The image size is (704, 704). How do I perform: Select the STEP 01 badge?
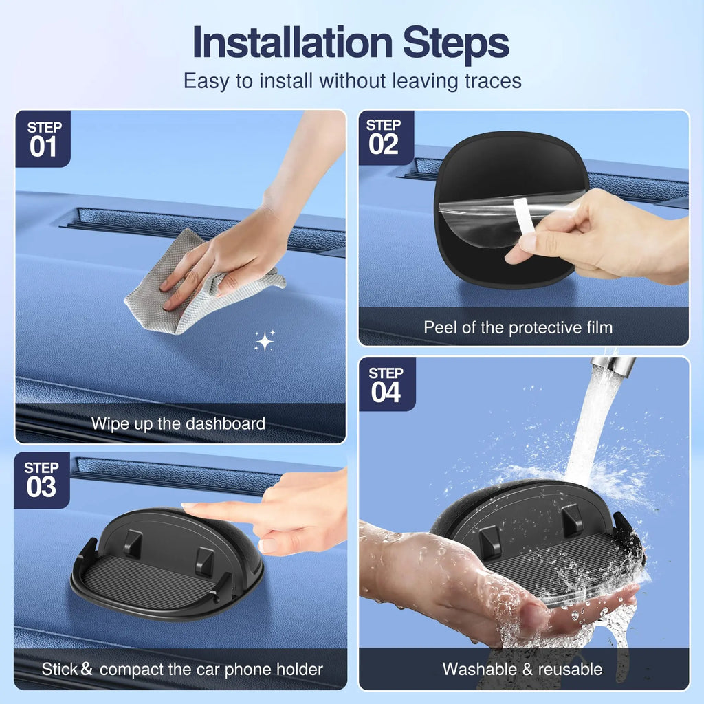43,138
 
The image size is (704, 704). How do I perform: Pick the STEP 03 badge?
41,479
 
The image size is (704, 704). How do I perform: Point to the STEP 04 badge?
386,384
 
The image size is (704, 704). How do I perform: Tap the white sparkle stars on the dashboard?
264,340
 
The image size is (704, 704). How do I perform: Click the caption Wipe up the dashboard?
178,423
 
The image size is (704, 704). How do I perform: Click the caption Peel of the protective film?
518,327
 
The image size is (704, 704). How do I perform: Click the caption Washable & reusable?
522,669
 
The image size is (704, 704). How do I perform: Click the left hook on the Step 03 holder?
133,543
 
